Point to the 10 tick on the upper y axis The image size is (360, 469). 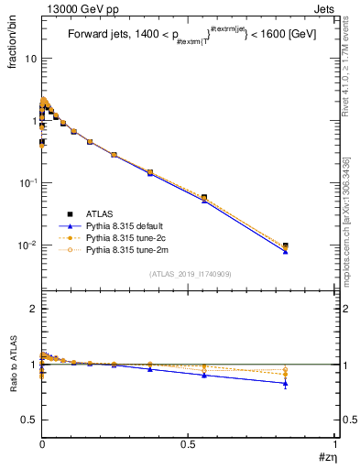coord(30,58)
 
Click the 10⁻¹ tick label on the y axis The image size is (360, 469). coord(27,183)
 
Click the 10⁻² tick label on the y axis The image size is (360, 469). coord(27,245)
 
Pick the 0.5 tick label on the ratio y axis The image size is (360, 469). coord(29,420)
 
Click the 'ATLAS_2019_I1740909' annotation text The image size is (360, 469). coord(190,274)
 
